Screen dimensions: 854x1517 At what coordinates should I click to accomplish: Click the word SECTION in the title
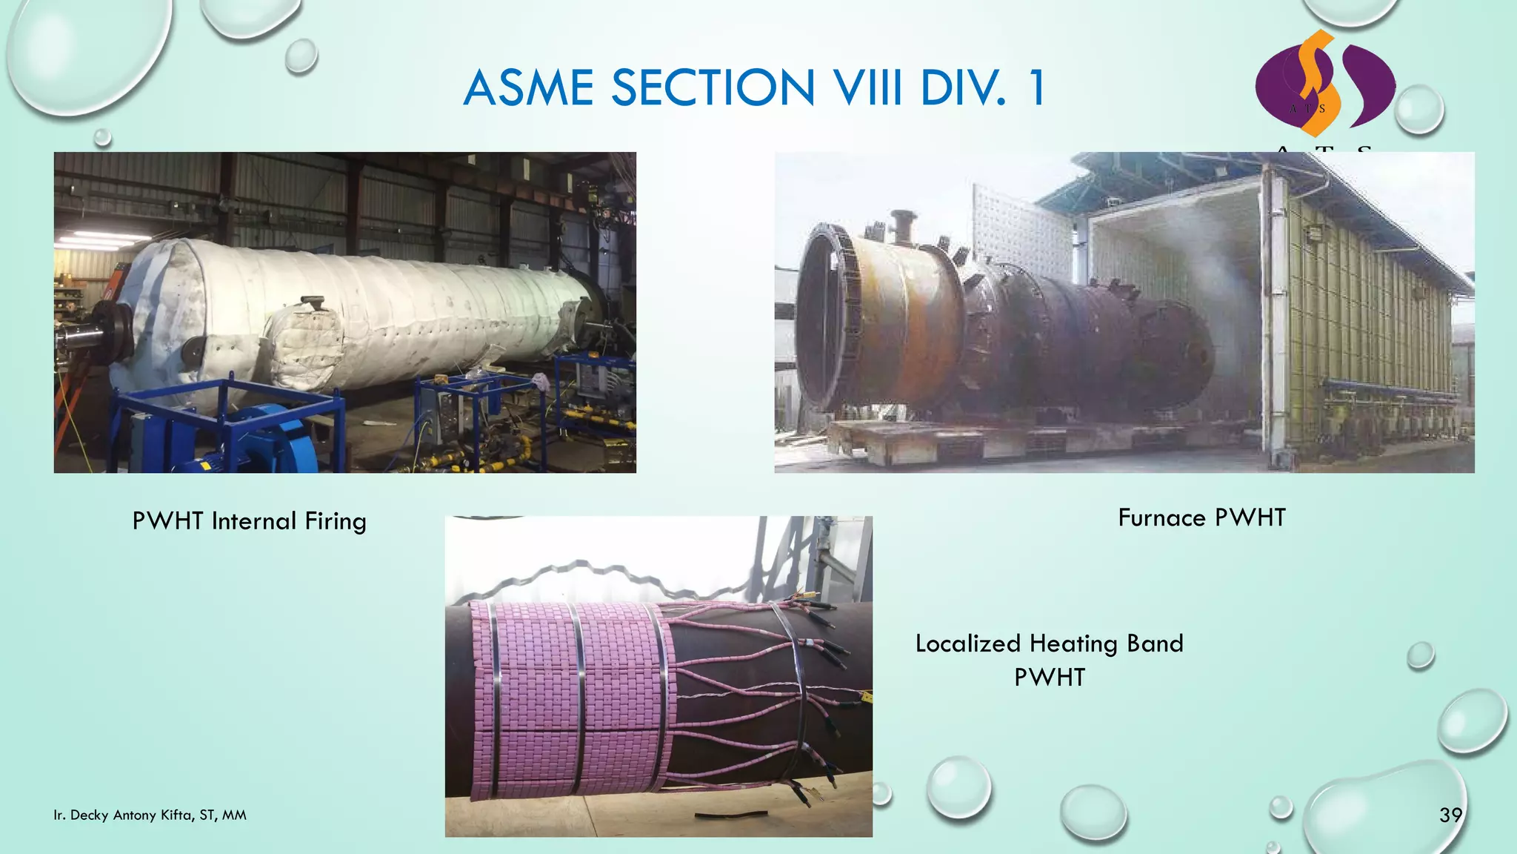713,88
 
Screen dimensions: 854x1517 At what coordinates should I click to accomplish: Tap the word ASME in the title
528,88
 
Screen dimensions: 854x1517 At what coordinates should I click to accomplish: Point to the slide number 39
1450,815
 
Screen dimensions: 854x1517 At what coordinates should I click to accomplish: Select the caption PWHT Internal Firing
249,521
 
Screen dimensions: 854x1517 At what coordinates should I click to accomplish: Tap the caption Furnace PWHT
1201,517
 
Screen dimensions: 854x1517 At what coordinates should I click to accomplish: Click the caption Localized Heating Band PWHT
1049,659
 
